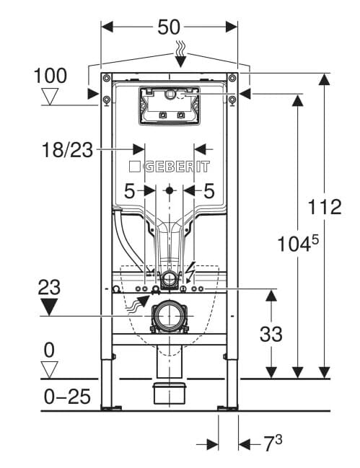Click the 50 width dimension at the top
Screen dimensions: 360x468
[x=169, y=27]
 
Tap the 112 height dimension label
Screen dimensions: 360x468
[x=325, y=206]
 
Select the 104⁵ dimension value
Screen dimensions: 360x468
[x=298, y=243]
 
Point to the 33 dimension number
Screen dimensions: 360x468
[x=271, y=334]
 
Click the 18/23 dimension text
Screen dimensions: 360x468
[x=68, y=149]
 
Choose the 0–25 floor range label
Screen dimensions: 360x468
[x=67, y=397]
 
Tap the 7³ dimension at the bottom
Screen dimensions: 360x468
[x=273, y=443]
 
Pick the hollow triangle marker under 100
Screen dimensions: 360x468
[x=50, y=96]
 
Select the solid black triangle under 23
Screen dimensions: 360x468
[x=48, y=307]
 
